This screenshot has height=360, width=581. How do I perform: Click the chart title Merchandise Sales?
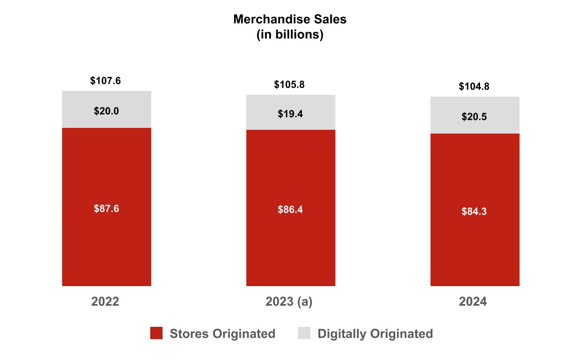pos(290,19)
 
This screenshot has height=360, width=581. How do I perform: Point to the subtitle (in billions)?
pos(290,35)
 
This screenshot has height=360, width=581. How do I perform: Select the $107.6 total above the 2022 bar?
pos(106,81)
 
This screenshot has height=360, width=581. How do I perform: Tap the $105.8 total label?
pos(290,85)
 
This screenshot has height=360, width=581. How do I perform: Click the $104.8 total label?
pos(474,87)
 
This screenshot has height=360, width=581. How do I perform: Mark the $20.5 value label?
pos(474,117)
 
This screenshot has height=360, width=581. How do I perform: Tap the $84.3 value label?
pos(474,211)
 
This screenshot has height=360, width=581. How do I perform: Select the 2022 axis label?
pos(105,302)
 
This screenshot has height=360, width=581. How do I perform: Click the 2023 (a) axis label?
pos(289,302)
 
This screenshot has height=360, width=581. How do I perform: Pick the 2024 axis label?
pos(473,302)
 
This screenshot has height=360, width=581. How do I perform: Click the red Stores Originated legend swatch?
pos(156,333)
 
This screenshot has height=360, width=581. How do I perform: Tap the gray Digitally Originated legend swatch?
pos(304,333)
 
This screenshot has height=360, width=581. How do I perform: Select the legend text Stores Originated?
pos(222,333)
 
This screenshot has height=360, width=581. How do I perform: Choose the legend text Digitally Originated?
pos(375,333)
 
